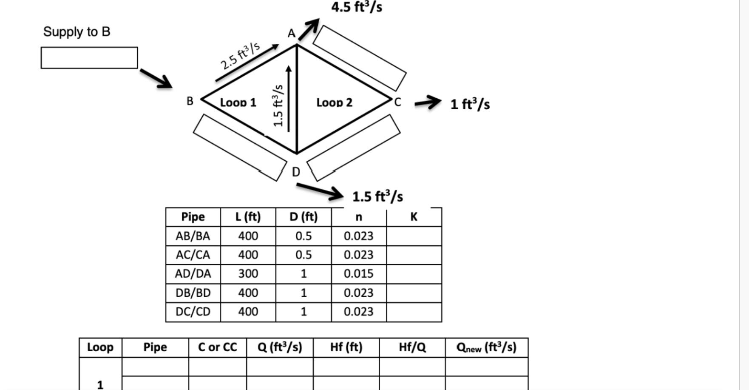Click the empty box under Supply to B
pyautogui.click(x=89, y=58)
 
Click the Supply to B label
pyautogui.click(x=77, y=32)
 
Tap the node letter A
pyautogui.click(x=291, y=34)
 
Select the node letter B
pyautogui.click(x=190, y=101)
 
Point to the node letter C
pyautogui.click(x=397, y=102)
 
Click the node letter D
pyautogui.click(x=296, y=172)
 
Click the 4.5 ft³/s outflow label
pyautogui.click(x=357, y=7)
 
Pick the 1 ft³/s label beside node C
pyautogui.click(x=470, y=104)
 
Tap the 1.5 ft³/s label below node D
pyautogui.click(x=377, y=196)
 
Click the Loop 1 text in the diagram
pyautogui.click(x=238, y=102)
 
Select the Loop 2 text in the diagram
pyautogui.click(x=335, y=102)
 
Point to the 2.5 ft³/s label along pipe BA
pyautogui.click(x=240, y=56)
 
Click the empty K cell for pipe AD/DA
pyautogui.click(x=414, y=273)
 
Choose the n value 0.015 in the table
pyautogui.click(x=358, y=273)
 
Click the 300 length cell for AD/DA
pyautogui.click(x=248, y=273)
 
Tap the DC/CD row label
pyautogui.click(x=193, y=312)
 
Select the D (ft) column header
pyautogui.click(x=304, y=217)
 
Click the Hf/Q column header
pyautogui.click(x=412, y=347)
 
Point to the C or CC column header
pyautogui.click(x=217, y=347)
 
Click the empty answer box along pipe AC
pyautogui.click(x=360, y=58)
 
